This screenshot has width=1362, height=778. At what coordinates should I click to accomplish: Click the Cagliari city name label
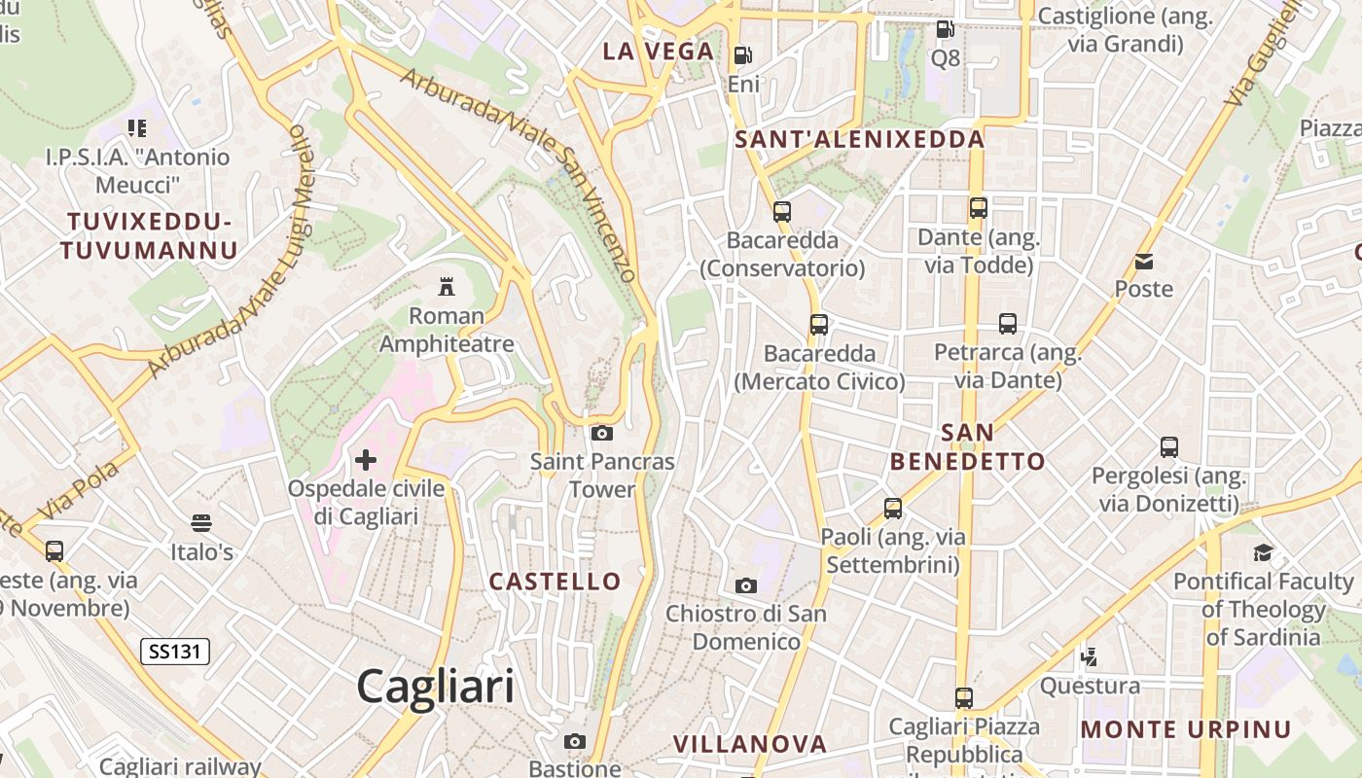(435, 687)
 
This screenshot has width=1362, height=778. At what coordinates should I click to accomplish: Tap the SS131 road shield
(175, 651)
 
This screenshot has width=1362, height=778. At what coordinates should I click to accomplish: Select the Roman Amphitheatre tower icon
(447, 287)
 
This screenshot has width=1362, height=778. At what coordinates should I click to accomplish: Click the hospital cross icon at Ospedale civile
(366, 460)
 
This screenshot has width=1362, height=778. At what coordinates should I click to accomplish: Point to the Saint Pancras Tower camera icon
(602, 433)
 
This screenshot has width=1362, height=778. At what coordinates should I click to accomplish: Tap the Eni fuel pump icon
(743, 55)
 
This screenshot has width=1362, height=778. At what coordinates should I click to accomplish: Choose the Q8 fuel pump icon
(945, 29)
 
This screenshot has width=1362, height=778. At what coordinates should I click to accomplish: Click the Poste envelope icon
(1144, 261)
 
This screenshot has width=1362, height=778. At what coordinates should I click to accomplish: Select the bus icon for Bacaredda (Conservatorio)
(782, 211)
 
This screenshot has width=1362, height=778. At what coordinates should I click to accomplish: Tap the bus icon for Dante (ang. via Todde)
(979, 207)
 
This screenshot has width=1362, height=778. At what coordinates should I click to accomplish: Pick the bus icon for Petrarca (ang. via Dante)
(1008, 324)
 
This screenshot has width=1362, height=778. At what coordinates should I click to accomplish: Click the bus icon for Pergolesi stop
(1169, 447)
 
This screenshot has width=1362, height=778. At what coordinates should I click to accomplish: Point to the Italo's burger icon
(201, 523)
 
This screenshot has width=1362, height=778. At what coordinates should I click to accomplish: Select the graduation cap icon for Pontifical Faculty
(1263, 552)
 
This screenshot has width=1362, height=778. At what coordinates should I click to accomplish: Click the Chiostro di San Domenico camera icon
(746, 585)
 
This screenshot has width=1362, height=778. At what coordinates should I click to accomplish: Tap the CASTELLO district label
(555, 582)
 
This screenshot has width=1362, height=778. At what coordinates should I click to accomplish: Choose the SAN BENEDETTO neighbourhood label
(967, 446)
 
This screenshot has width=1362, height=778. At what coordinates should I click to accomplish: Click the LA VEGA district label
(658, 52)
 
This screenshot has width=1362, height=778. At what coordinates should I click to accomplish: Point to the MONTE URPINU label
(1186, 729)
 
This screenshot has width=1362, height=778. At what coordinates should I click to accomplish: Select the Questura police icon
(1090, 657)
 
